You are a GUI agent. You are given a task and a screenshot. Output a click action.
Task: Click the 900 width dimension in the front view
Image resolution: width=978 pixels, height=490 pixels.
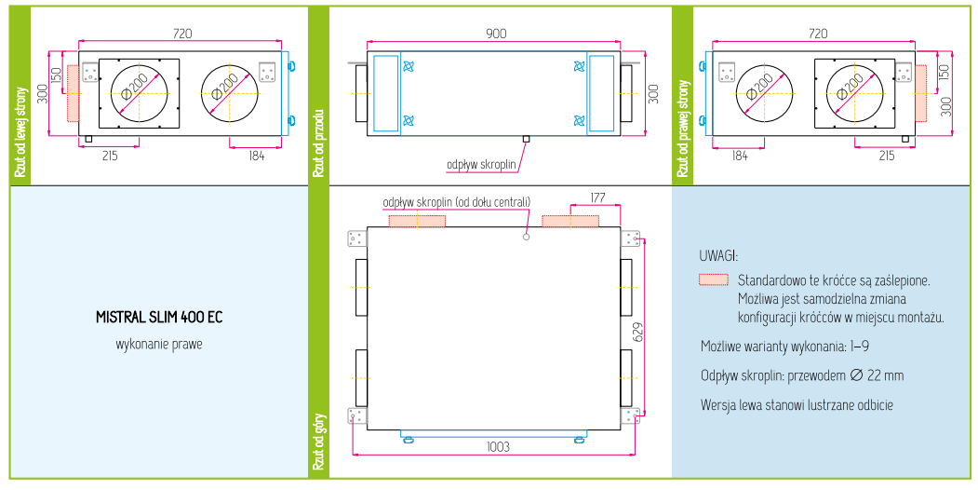click(497, 34)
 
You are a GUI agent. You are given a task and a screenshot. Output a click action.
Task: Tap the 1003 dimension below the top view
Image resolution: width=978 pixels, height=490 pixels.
click(498, 447)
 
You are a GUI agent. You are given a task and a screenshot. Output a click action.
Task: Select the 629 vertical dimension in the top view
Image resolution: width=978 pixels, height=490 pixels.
click(637, 327)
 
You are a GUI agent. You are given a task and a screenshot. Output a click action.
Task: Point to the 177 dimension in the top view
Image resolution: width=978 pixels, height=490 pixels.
click(596, 197)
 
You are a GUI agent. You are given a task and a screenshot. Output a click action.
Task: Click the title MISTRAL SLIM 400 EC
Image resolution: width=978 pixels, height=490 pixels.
click(159, 317)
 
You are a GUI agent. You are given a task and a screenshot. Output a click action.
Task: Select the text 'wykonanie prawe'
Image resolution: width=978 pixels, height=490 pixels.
click(159, 344)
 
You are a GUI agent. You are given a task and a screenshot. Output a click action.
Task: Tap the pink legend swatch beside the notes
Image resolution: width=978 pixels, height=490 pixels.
click(714, 279)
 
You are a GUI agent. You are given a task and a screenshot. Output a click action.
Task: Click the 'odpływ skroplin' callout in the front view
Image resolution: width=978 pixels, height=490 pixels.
click(481, 164)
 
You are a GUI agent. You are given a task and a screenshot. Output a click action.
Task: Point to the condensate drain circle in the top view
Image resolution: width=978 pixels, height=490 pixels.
click(526, 237)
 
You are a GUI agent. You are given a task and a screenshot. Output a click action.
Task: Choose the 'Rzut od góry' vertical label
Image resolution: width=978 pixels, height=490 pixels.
click(318, 441)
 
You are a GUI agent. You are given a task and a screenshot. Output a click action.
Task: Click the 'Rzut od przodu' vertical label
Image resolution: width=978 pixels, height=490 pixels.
click(318, 143)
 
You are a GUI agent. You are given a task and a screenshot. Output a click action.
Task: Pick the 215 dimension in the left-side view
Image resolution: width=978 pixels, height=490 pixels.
click(110, 156)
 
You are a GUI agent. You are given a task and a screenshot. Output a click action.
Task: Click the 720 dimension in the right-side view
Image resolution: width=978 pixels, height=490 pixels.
click(818, 34)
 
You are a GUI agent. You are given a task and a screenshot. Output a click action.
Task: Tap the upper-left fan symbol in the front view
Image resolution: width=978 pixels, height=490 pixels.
click(408, 66)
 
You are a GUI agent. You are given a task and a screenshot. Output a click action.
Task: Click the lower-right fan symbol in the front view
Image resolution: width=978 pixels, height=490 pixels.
click(580, 120)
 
